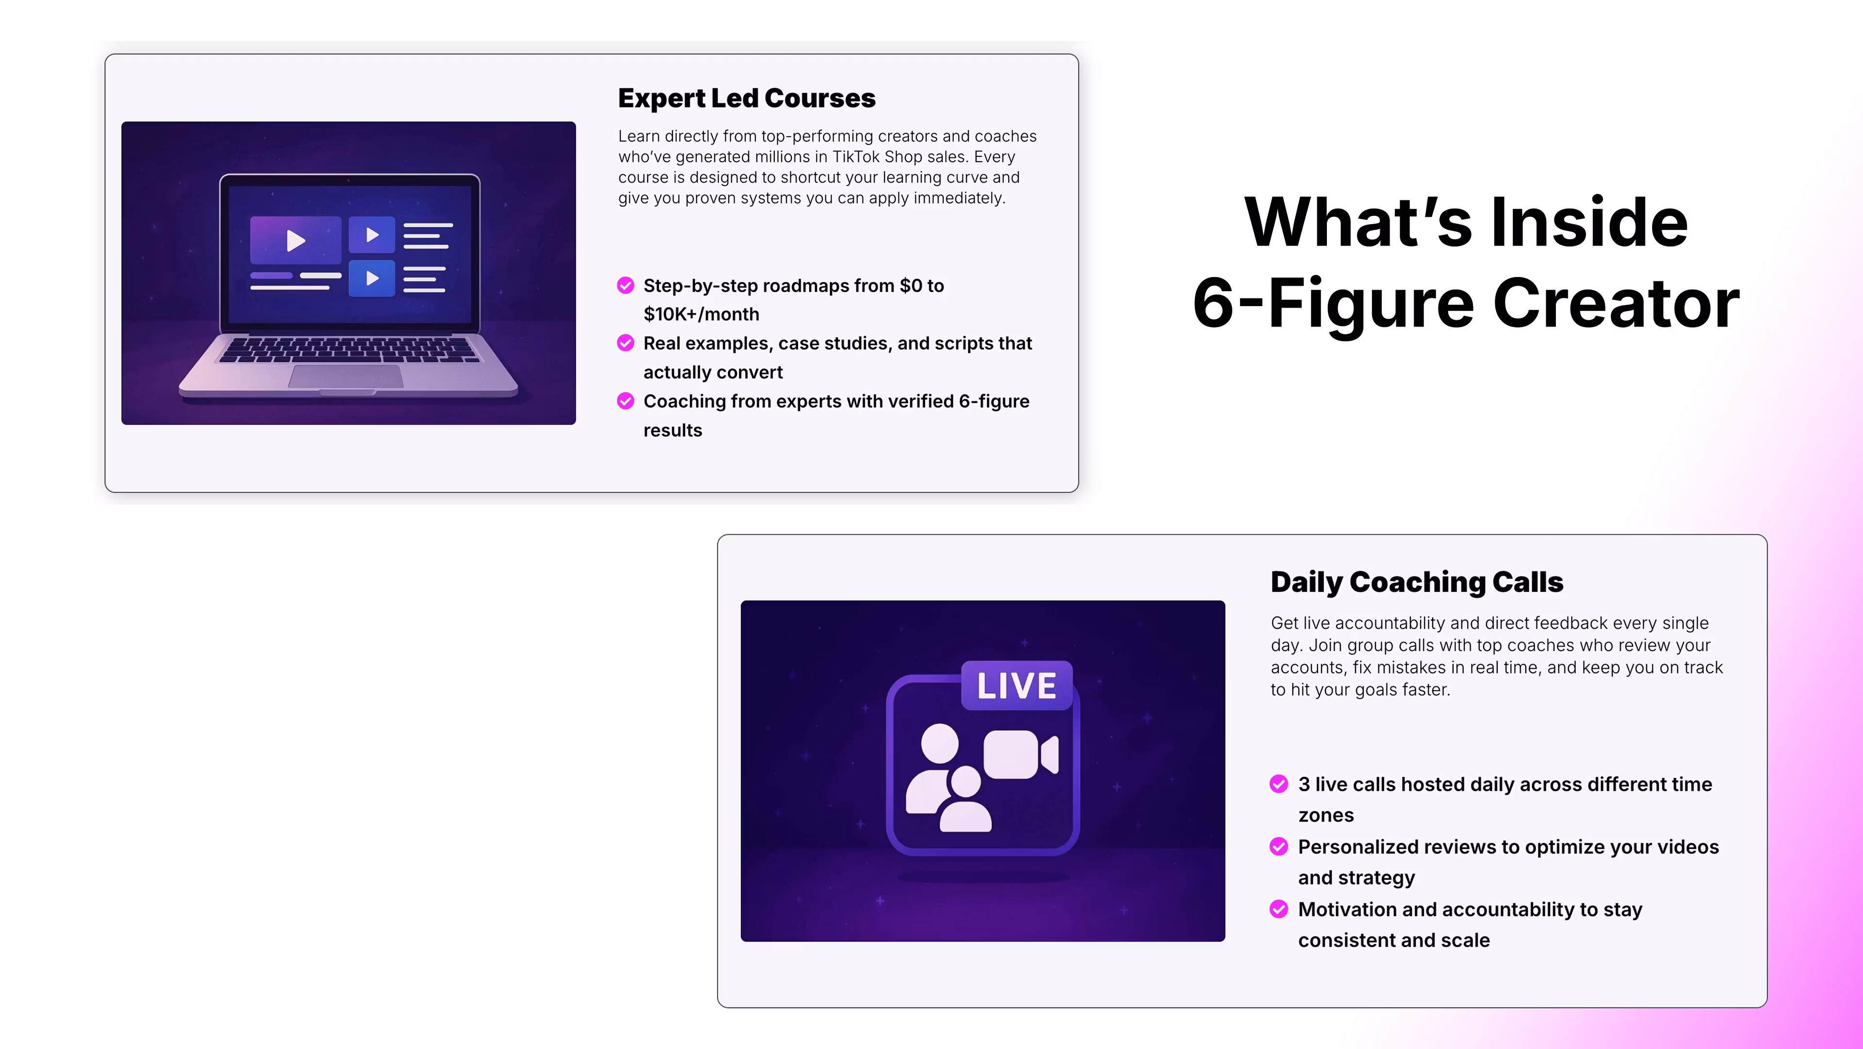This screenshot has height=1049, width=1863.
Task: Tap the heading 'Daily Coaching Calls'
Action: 1417,582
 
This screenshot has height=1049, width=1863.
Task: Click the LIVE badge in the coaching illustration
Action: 1016,685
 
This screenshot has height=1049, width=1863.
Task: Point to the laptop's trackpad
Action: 346,376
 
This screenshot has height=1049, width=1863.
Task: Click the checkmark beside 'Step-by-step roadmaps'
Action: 625,286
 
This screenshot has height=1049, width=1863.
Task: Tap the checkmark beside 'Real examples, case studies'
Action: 625,343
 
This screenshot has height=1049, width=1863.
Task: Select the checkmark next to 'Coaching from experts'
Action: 625,401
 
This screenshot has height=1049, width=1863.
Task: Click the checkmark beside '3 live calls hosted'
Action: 1279,784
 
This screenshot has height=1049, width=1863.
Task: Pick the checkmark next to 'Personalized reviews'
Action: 1279,847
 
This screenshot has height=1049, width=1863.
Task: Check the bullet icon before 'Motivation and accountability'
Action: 1279,909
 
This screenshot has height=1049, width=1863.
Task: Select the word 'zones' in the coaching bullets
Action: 1325,815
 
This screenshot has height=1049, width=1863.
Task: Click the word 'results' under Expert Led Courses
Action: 672,430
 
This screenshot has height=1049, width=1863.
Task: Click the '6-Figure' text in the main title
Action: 1333,305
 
